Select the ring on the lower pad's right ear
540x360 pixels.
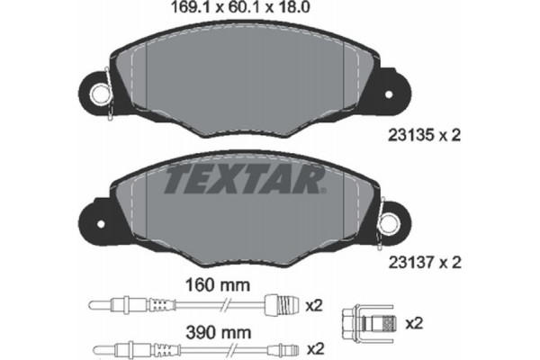(x=391, y=220)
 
